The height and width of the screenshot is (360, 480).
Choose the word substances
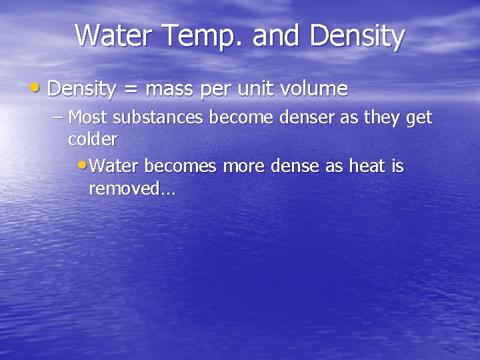(x=159, y=118)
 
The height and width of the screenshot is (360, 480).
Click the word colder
(x=93, y=139)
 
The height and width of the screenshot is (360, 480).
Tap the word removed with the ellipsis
(x=131, y=189)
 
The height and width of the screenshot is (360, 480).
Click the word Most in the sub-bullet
(x=89, y=118)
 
